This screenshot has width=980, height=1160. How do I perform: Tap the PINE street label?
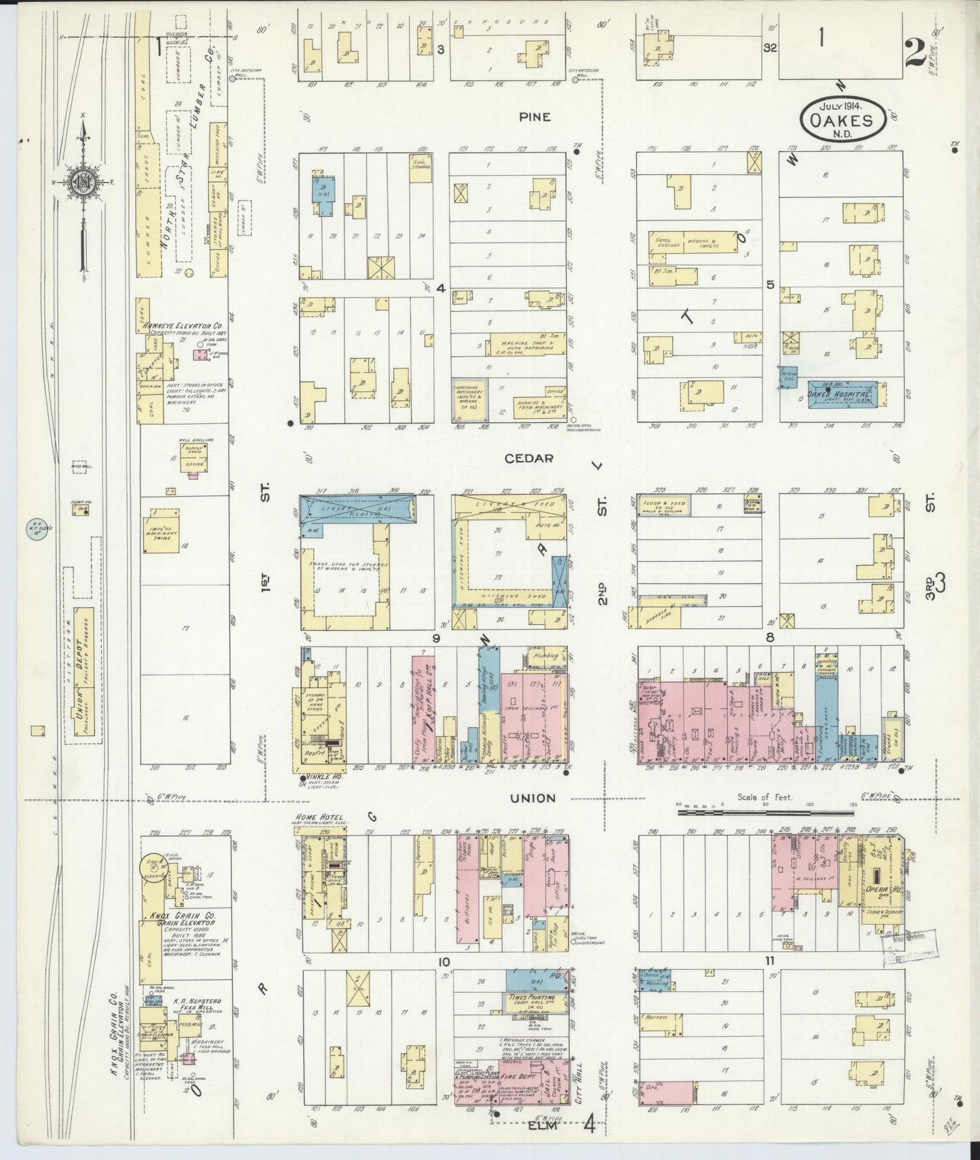click(534, 117)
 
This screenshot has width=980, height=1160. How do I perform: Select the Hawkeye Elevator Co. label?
click(178, 326)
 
